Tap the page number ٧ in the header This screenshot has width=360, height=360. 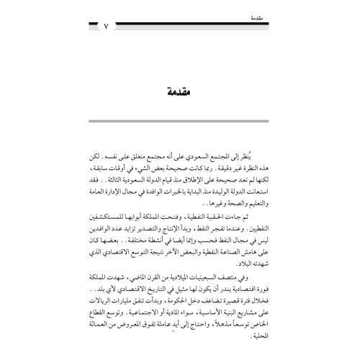click(105, 28)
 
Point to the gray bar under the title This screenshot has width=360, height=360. click(180, 135)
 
